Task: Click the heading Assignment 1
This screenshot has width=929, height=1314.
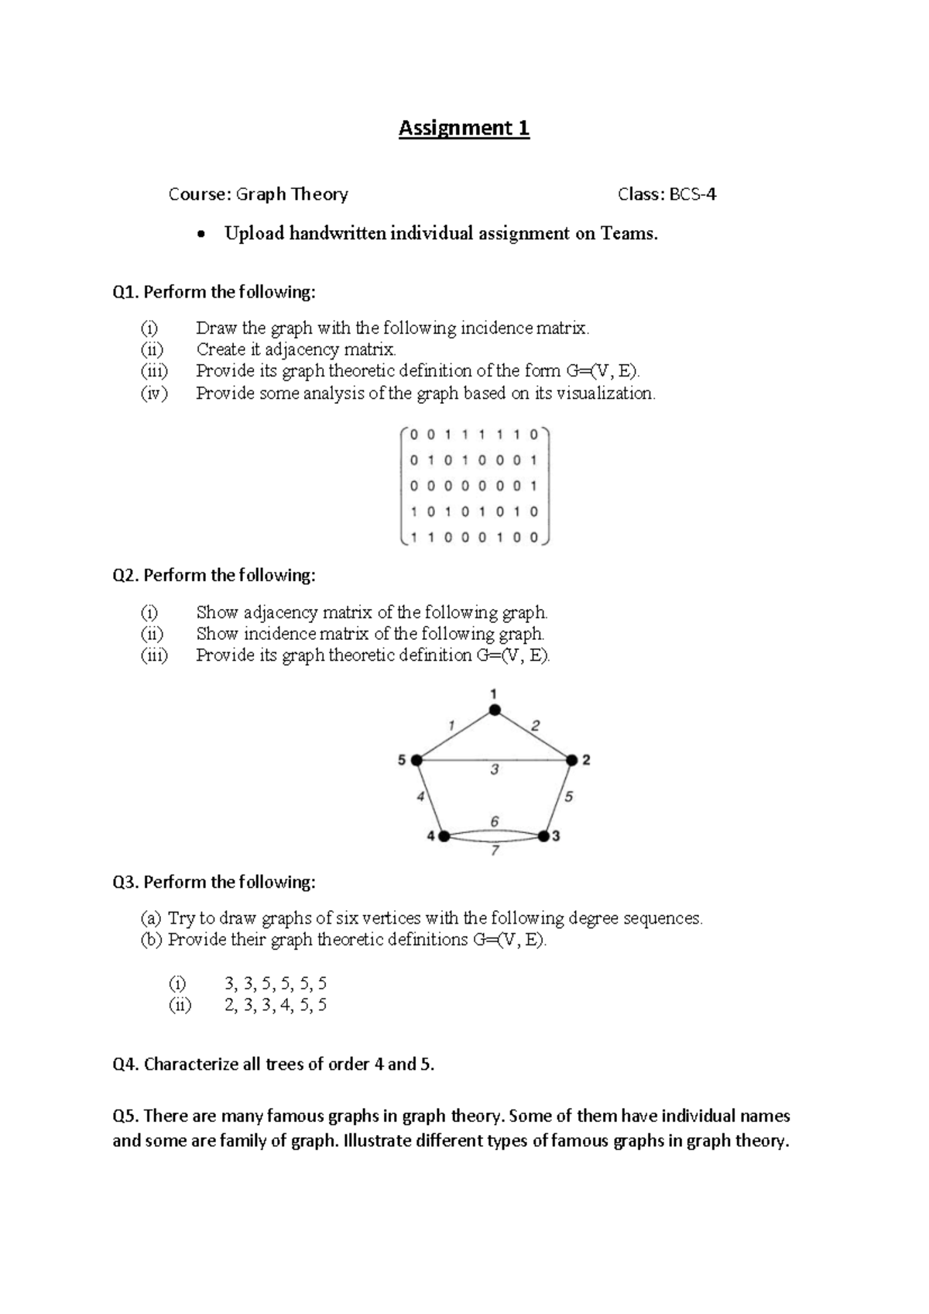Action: (464, 128)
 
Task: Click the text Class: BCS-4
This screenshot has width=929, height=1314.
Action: (667, 194)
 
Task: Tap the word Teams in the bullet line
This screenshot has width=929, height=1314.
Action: (628, 234)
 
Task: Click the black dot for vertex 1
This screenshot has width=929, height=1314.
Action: (494, 710)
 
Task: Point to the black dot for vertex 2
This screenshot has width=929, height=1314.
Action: (572, 761)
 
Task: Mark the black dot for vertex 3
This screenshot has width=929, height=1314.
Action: (543, 836)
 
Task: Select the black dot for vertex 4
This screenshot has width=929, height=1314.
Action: (444, 836)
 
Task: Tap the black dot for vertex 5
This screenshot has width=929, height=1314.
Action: (417, 760)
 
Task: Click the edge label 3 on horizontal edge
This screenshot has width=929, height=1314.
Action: (494, 770)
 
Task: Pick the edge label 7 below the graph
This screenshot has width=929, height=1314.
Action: (495, 851)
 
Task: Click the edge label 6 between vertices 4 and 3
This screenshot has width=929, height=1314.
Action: (494, 821)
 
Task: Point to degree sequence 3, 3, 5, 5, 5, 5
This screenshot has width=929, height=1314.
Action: (276, 984)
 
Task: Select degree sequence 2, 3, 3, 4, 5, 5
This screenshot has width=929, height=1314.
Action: (276, 1006)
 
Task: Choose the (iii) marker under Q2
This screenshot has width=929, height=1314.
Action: (154, 655)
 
